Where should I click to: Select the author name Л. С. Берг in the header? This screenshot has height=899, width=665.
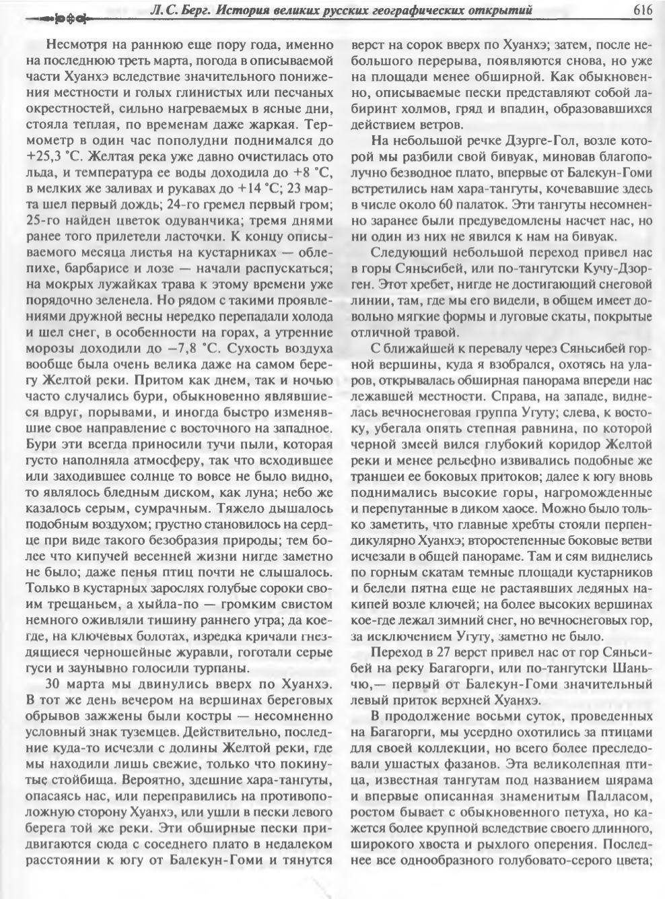(184, 9)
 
